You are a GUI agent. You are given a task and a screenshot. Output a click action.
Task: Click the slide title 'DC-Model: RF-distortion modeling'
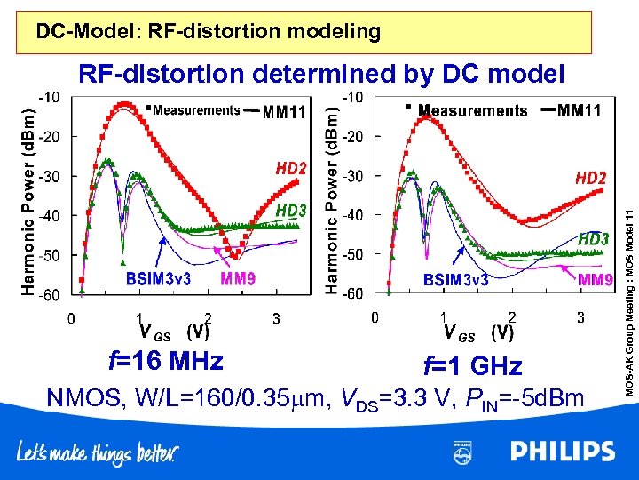tap(209, 33)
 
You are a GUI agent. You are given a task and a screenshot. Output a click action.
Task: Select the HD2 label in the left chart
tap(291, 169)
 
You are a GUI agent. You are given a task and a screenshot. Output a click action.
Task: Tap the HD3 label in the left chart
tap(291, 210)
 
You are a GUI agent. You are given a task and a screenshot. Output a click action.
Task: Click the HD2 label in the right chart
tap(591, 179)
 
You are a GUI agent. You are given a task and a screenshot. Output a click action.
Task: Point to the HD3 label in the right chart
tap(594, 239)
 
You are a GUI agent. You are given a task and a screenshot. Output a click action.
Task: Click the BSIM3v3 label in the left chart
tap(158, 279)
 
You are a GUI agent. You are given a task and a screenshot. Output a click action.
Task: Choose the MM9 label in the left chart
tap(239, 279)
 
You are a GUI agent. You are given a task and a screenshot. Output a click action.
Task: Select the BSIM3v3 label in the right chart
tap(455, 280)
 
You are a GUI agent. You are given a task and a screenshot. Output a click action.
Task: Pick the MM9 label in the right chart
tap(596, 280)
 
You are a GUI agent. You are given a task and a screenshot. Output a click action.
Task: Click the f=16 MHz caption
tap(165, 362)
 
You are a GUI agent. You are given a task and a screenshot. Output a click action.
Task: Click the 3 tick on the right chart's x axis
tap(580, 316)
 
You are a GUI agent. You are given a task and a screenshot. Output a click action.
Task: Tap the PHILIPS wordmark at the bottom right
tap(562, 452)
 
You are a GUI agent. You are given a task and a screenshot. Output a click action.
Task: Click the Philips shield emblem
tap(462, 452)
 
